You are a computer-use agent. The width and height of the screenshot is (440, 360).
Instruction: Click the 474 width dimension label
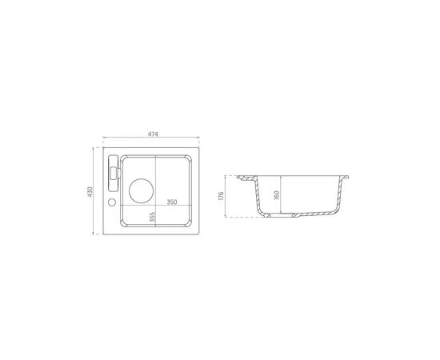click(153, 134)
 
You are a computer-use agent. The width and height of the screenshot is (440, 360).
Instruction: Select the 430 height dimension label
click(90, 192)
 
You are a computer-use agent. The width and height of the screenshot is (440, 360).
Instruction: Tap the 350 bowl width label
click(172, 202)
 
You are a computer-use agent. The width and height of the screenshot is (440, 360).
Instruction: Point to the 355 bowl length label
click(152, 217)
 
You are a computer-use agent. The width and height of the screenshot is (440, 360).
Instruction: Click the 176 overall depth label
click(221, 196)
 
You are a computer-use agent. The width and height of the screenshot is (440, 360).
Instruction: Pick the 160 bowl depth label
click(277, 195)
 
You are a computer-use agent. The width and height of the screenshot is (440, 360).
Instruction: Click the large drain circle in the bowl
click(141, 190)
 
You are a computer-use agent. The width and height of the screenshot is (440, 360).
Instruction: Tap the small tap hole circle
click(112, 202)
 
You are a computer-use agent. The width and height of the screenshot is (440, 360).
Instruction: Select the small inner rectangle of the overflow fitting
click(114, 173)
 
